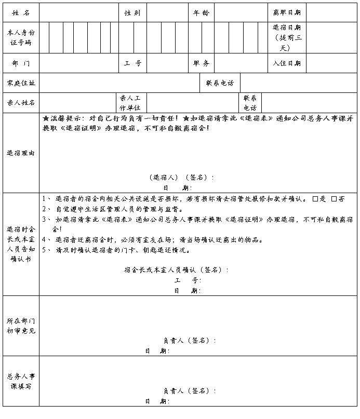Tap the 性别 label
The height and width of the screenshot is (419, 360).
132,12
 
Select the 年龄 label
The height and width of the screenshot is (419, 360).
201,12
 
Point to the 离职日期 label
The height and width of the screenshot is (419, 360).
287,12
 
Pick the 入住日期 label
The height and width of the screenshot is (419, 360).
287,63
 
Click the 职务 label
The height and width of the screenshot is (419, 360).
201,63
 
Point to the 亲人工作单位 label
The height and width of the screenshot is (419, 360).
130,102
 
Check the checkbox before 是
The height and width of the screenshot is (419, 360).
315,199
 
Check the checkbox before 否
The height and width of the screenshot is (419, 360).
334,199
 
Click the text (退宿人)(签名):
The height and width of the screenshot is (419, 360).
181,177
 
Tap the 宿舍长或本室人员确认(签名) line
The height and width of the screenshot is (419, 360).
176,270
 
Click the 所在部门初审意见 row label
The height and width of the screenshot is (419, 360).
21,326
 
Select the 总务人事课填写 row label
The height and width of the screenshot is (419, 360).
21,382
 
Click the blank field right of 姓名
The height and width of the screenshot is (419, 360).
78,12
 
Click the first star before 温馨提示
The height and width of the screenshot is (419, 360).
46,118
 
